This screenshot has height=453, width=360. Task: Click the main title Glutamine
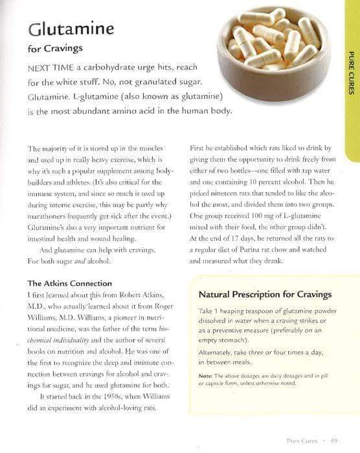(x=71, y=28)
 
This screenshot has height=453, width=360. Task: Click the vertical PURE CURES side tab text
(x=350, y=72)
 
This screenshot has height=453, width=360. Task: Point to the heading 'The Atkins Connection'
(x=70, y=283)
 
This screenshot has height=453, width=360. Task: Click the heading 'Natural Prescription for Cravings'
(x=265, y=294)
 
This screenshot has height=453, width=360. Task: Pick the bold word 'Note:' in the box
(x=206, y=375)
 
